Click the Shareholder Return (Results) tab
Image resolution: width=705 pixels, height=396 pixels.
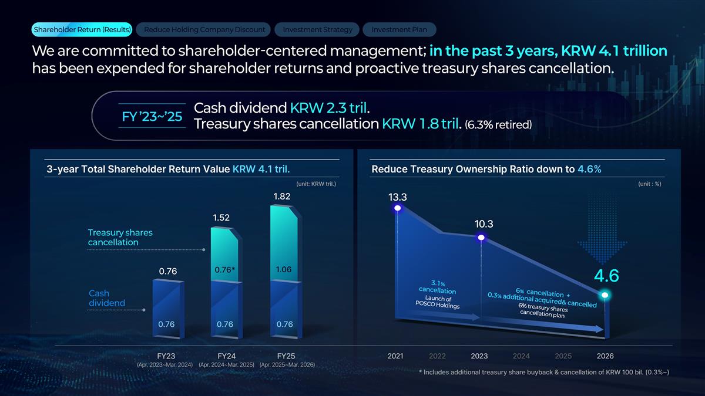pos(82,29)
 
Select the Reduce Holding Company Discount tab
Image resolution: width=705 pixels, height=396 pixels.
pos(204,29)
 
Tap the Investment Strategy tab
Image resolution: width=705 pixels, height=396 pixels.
pos(317,29)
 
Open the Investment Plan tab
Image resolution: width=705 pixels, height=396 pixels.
pos(399,29)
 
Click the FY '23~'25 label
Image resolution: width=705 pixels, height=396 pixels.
pos(152,117)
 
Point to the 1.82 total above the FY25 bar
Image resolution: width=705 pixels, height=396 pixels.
pos(281,197)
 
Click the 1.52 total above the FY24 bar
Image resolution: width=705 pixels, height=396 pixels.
pos(221,218)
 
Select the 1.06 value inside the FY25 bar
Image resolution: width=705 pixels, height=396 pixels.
pos(284,269)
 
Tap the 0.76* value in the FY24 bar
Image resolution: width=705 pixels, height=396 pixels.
pos(224,270)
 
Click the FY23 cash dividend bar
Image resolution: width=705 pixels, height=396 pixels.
pos(168,309)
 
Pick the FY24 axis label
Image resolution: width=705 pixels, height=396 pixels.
pos(227,356)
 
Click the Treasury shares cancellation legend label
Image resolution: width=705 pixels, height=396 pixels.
pos(120,237)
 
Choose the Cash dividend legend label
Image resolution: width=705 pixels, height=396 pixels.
pos(107,298)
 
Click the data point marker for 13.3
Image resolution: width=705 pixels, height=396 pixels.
pos(398,208)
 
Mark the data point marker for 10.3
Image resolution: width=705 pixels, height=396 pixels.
pos(481,238)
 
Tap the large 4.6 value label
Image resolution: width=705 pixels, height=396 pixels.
pos(606,276)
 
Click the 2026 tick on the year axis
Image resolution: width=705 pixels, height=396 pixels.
pos(605,356)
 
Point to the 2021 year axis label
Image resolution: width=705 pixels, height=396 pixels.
pos(395,356)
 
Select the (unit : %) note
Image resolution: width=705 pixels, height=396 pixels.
pos(650,184)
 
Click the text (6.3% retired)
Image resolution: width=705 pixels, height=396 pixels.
pos(498,125)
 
